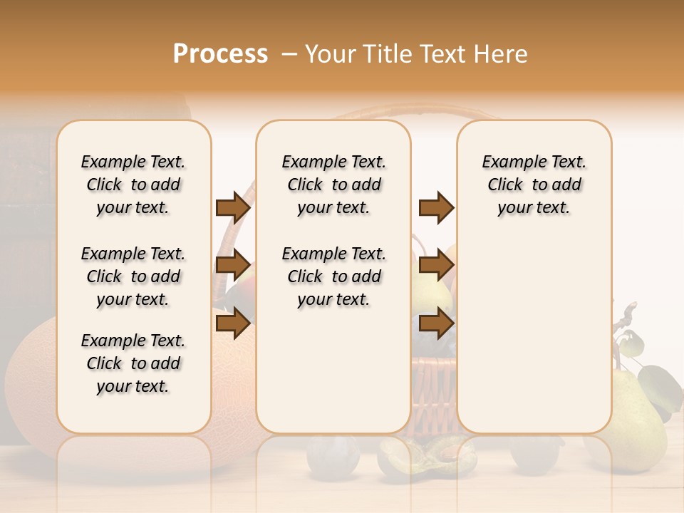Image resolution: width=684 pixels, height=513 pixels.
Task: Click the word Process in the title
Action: click(220, 54)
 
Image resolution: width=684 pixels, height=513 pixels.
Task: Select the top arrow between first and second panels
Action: click(233, 207)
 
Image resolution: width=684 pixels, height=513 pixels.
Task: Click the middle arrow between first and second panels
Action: click(233, 266)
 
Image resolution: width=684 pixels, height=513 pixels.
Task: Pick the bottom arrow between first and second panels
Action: click(233, 323)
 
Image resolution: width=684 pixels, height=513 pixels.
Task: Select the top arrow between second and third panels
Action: click(436, 207)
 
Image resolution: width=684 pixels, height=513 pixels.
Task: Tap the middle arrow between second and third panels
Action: click(436, 266)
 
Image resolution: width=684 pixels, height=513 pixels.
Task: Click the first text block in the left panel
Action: click(133, 185)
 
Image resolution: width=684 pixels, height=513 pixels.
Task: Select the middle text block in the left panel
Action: click(133, 276)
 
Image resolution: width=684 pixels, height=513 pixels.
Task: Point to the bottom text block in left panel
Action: click(133, 363)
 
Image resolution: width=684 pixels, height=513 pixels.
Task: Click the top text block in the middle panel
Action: click(334, 185)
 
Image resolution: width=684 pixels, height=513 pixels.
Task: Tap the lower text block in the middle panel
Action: click(334, 276)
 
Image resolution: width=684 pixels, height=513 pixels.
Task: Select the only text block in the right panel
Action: click(534, 185)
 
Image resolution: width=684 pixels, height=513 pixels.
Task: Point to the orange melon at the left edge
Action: click(28, 385)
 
